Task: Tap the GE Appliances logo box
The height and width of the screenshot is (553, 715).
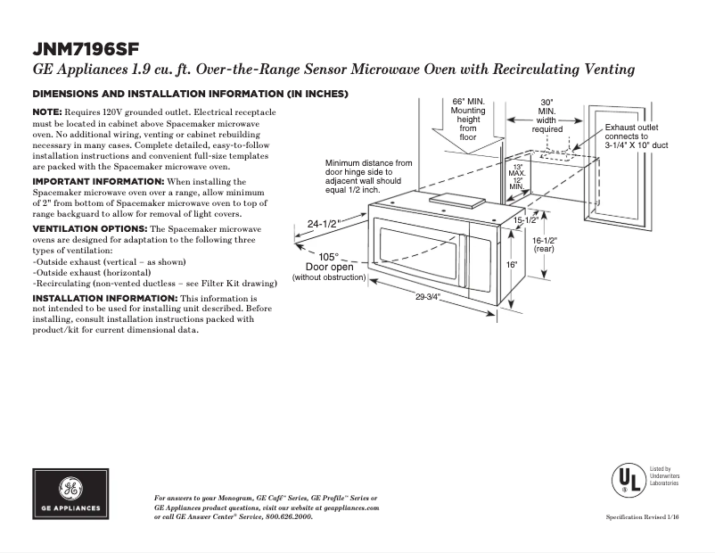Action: (x=70, y=495)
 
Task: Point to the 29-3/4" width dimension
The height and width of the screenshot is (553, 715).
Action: (x=428, y=296)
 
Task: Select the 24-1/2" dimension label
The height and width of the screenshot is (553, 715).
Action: (x=324, y=224)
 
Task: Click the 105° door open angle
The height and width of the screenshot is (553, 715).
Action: (x=329, y=256)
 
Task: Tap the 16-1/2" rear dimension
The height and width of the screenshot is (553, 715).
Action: (x=544, y=245)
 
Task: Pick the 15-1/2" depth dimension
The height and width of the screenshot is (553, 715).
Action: (x=524, y=219)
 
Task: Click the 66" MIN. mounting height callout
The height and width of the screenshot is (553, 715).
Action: (x=468, y=119)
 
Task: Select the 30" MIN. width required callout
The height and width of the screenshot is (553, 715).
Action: (x=547, y=116)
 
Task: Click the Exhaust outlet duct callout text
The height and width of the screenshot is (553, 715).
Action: (x=637, y=136)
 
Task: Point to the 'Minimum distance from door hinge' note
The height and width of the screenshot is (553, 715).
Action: (x=368, y=176)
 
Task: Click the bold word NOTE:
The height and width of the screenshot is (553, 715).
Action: (x=47, y=111)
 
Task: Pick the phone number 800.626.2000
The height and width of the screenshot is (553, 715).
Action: (x=289, y=516)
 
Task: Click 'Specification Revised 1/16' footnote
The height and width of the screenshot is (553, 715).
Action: (x=642, y=517)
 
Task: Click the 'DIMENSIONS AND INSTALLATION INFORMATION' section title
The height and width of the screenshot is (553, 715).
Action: (x=190, y=94)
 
